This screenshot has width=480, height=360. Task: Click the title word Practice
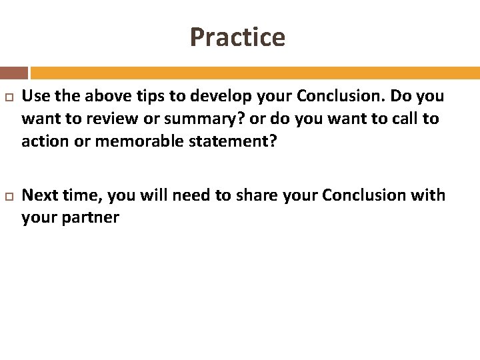coord(237,37)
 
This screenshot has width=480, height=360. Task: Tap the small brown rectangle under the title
coord(14,73)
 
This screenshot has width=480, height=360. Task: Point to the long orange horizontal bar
coord(255,73)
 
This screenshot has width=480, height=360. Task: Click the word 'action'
coord(44,142)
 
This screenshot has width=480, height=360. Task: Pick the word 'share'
coord(257,195)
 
